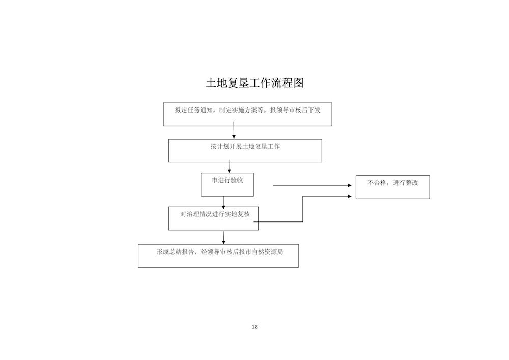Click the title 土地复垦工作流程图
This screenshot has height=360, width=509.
255,83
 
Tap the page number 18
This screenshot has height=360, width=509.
254,327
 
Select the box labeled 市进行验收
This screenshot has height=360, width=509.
227,184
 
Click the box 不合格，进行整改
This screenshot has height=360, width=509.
393,187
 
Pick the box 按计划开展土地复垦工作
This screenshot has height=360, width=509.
245,151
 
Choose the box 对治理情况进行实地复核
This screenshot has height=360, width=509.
214,218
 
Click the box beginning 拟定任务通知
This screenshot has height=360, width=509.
248,114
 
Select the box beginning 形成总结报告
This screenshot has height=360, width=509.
218,256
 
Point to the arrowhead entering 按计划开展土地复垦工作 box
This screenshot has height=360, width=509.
234,137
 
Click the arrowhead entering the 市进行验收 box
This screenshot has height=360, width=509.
229,171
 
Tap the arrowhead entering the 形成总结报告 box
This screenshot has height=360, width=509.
223,242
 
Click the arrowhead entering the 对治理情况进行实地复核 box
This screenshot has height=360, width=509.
223,207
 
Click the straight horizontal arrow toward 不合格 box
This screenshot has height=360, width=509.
313,185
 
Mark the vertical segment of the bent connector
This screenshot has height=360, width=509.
302,209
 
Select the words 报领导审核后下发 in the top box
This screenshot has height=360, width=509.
295,110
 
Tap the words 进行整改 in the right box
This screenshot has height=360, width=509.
406,183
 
